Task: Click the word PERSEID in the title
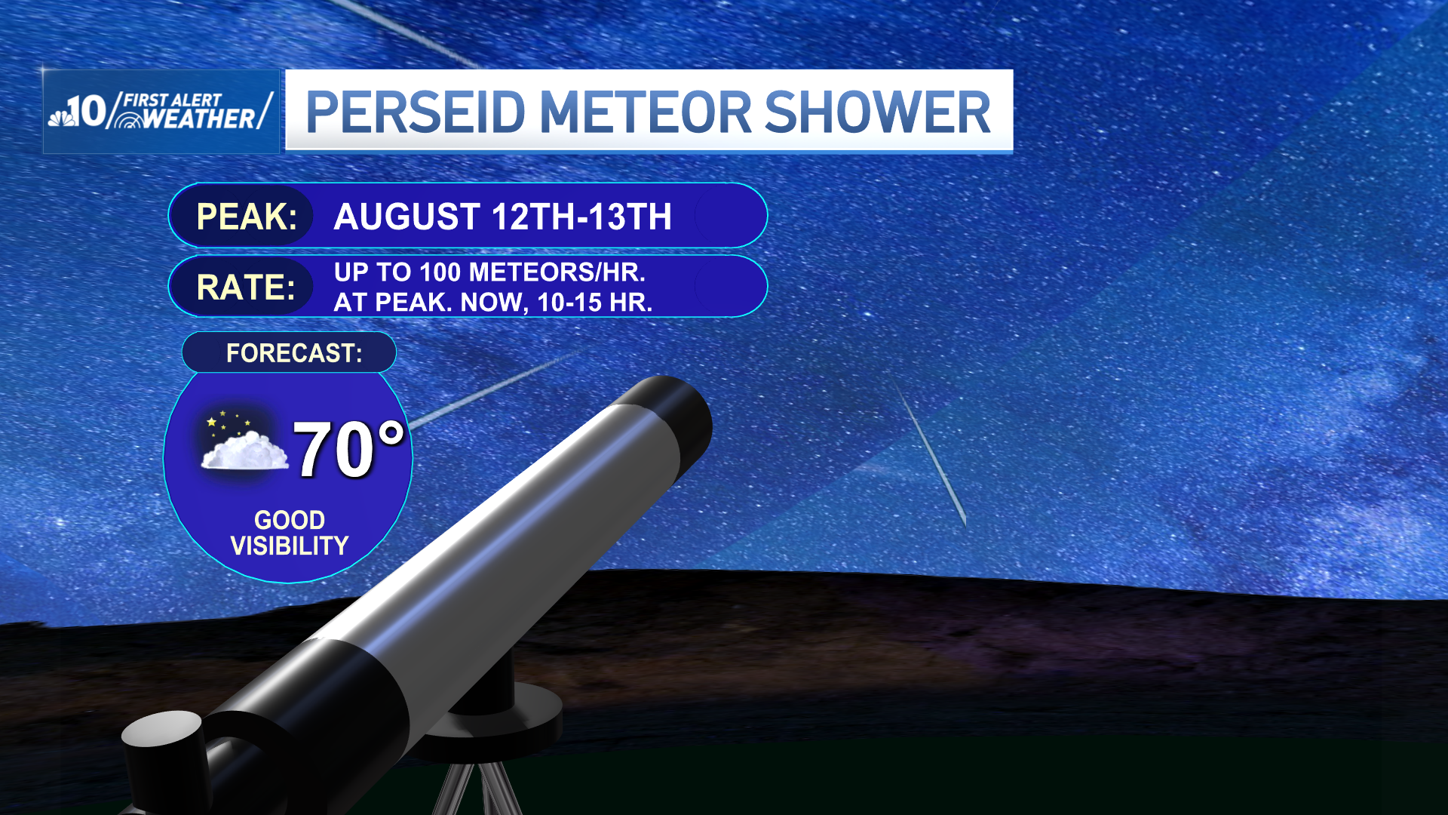415,112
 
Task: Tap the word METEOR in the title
645,112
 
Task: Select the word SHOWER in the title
877,112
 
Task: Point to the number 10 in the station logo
87,112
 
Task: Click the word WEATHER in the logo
199,119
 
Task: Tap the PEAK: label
246,217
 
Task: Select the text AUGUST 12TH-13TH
502,217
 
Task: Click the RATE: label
245,288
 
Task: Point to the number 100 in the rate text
440,272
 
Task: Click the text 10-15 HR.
594,303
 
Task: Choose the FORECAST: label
293,352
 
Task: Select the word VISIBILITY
289,546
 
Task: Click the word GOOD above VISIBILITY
289,520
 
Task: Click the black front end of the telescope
671,423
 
